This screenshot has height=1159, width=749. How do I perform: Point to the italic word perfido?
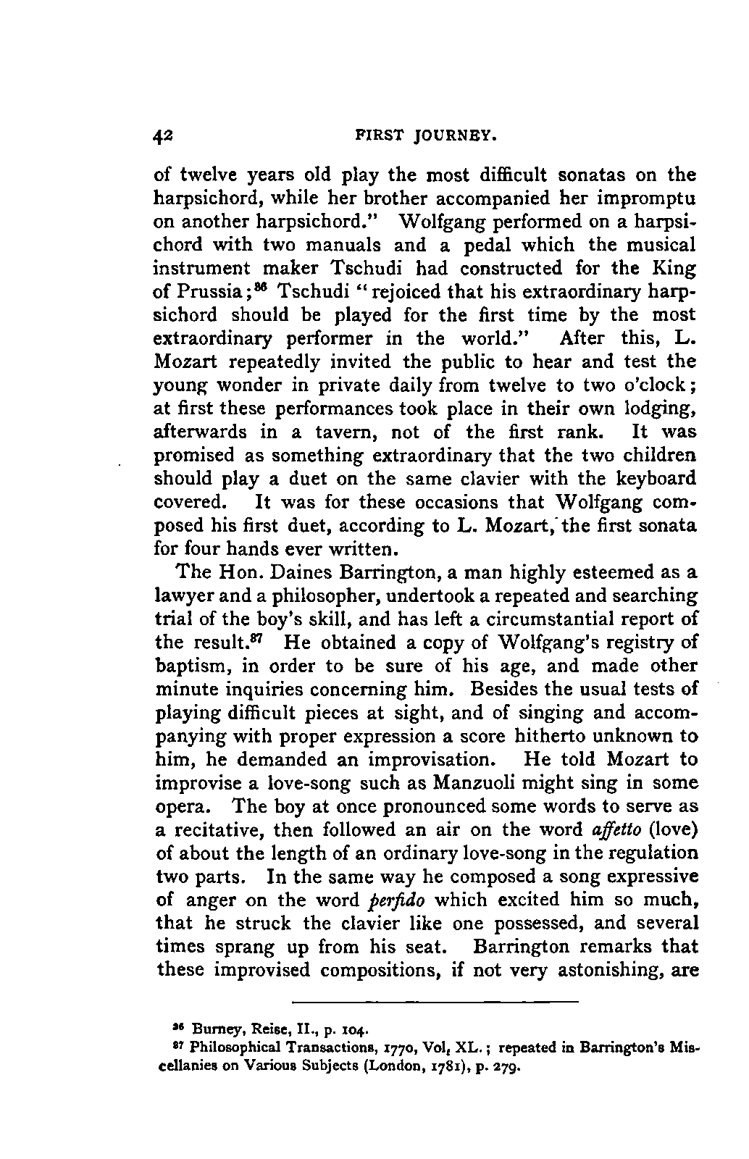tap(398, 900)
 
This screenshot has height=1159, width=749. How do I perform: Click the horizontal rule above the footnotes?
tap(435, 1001)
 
